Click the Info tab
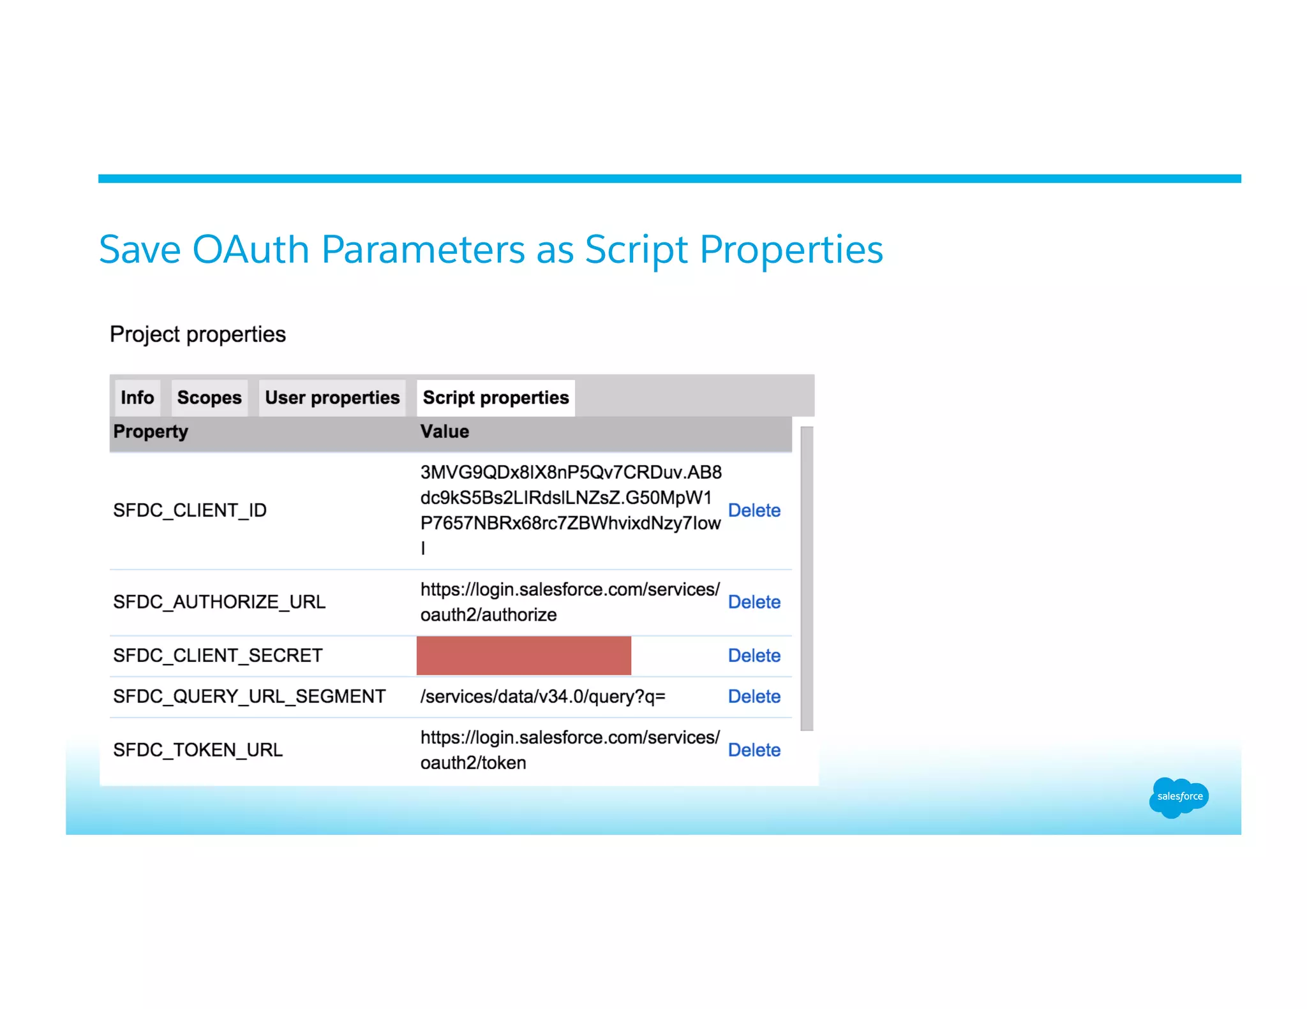pos(137,397)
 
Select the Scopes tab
pos(209,397)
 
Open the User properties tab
pos(332,397)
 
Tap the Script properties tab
pos(495,397)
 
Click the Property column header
pos(151,432)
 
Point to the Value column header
pos(444,432)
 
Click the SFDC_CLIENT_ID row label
pos(190,510)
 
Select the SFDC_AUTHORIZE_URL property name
pos(219,601)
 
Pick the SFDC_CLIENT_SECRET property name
pos(218,655)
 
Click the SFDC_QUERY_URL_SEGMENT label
pos(249,696)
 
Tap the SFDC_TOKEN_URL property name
pos(198,749)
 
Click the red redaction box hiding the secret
pos(523,655)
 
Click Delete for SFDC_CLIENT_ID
pos(754,510)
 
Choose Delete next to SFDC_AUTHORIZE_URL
pos(754,601)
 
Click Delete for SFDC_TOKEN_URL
pos(754,749)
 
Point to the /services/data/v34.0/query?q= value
pos(542,696)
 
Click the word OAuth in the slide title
pos(251,249)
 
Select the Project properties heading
pos(198,334)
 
